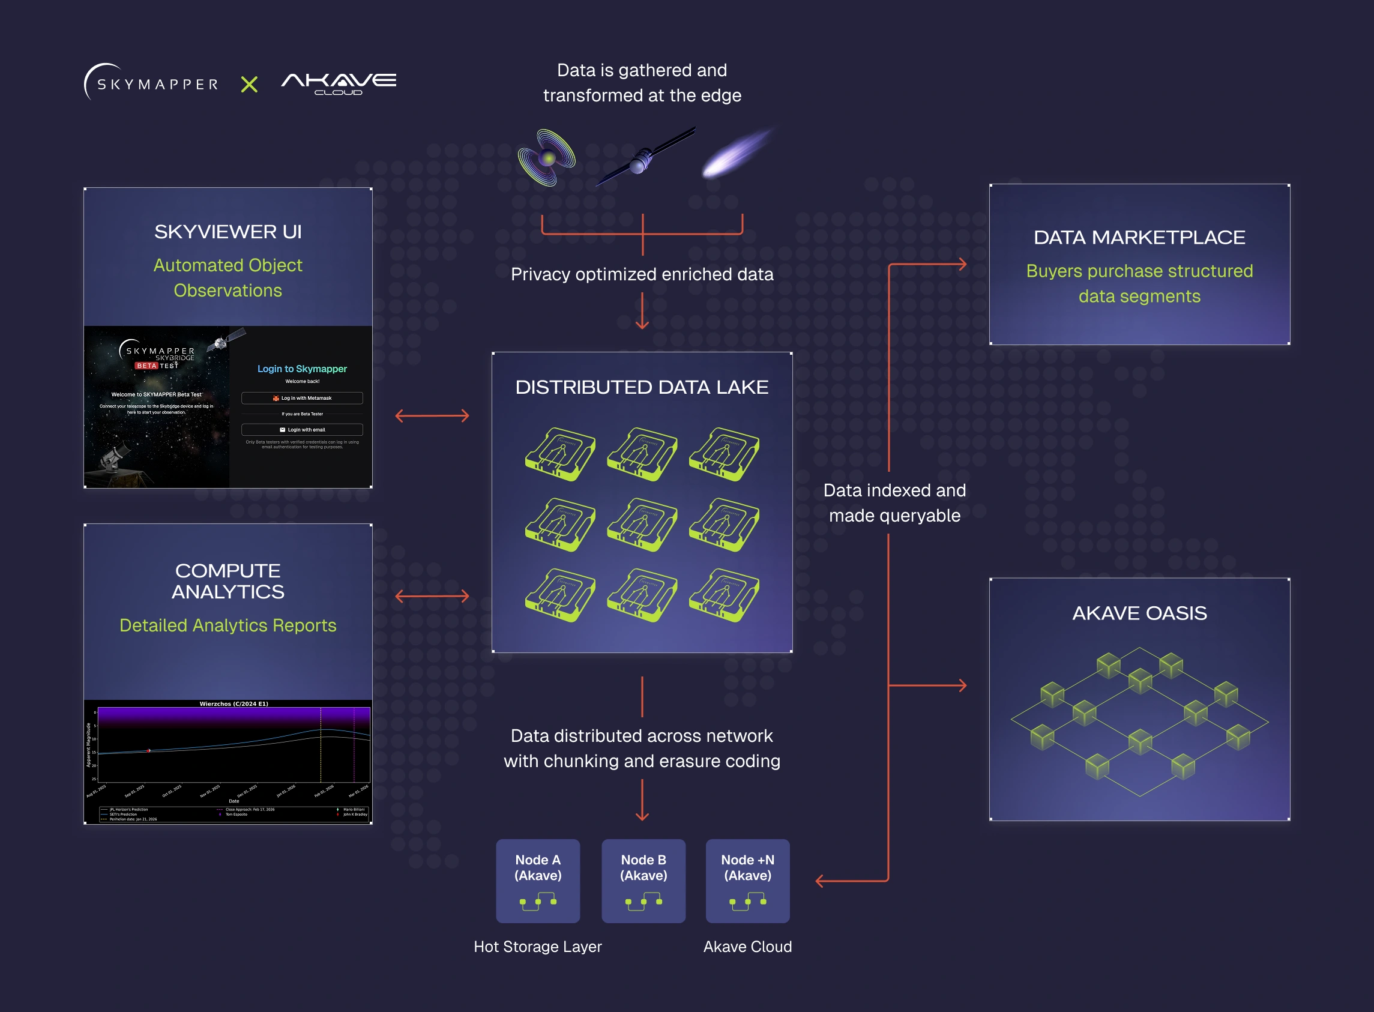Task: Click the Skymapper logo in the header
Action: point(151,83)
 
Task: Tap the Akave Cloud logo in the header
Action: point(339,83)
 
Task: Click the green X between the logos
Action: point(249,84)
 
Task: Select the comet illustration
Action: point(737,153)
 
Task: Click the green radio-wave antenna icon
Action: point(546,157)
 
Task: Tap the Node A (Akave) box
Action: point(538,881)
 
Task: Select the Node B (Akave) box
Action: point(643,881)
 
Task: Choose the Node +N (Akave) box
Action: point(747,881)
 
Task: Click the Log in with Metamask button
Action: point(302,398)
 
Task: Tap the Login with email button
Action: point(302,429)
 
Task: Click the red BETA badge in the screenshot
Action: point(146,366)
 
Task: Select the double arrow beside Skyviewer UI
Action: point(432,416)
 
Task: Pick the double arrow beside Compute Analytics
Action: point(432,596)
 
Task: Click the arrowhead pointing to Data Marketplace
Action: point(962,264)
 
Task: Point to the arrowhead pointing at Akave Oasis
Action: point(962,685)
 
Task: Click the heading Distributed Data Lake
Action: point(641,387)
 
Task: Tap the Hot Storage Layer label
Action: point(537,947)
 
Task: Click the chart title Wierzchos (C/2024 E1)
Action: point(234,704)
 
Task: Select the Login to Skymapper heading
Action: point(302,369)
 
